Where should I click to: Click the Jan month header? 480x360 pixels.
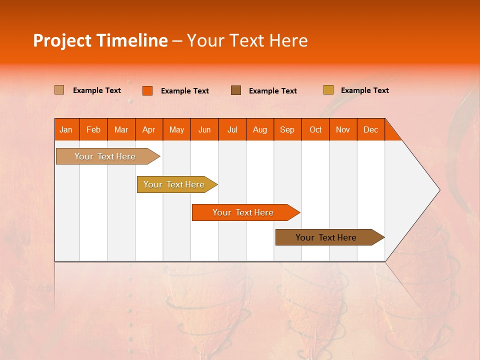click(66, 129)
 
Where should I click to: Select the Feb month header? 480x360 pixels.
click(93, 129)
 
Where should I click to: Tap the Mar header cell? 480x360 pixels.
click(121, 129)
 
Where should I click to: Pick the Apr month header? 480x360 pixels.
click(149, 129)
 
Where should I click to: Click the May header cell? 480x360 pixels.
click(176, 129)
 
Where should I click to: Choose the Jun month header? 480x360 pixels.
click(204, 129)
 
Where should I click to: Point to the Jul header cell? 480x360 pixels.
click(232, 129)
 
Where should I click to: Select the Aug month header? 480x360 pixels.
click(260, 129)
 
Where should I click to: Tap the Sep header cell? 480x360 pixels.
click(287, 129)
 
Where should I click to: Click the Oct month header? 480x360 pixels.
click(315, 129)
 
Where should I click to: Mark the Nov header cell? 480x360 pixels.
click(343, 129)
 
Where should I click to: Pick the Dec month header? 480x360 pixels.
click(370, 129)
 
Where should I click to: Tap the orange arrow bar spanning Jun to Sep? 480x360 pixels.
click(243, 212)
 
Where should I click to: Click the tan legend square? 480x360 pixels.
click(59, 90)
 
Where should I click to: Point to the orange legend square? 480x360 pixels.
click(147, 90)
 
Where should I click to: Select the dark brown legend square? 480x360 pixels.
click(236, 90)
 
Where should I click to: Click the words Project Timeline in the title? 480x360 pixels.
click(100, 40)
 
